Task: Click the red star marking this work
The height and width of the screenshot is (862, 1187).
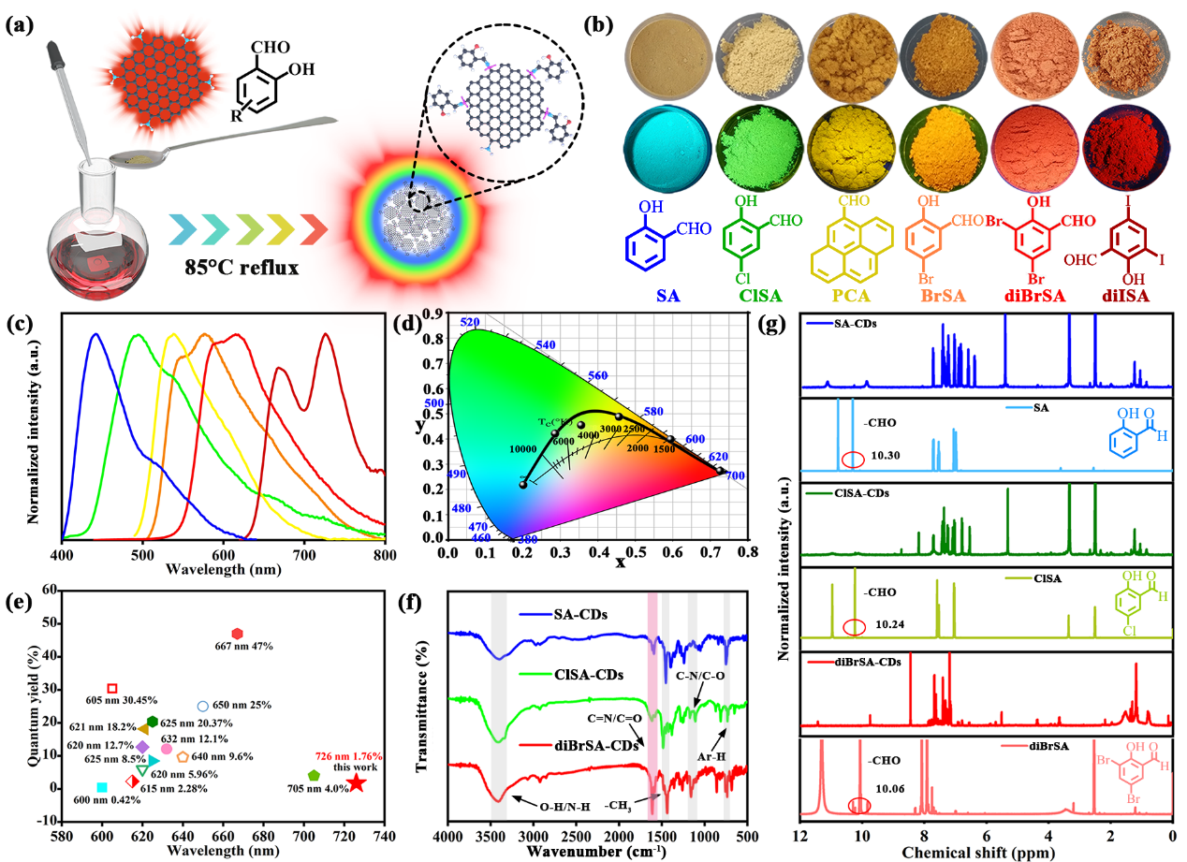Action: click(357, 783)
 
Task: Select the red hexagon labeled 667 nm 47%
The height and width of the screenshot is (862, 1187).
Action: click(237, 634)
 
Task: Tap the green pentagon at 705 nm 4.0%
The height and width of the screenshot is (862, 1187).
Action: click(315, 776)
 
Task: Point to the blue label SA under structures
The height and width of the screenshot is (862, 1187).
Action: click(669, 297)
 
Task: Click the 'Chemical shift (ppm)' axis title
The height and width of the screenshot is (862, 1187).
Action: click(985, 853)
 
